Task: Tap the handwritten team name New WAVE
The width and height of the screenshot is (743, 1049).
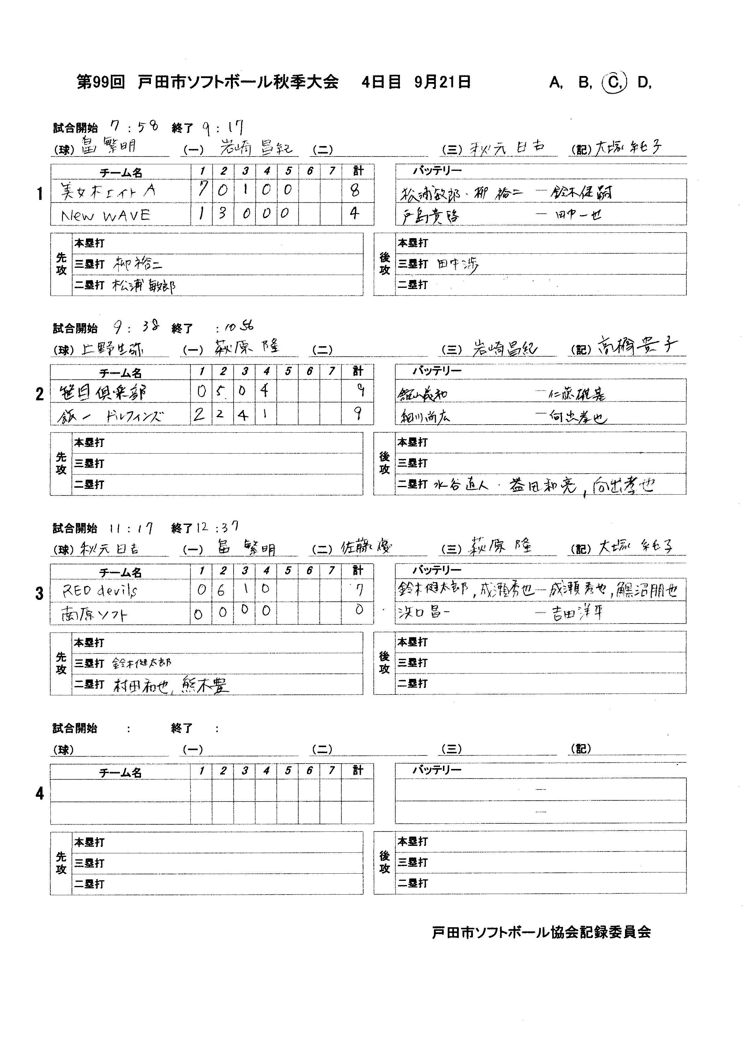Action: coord(106,215)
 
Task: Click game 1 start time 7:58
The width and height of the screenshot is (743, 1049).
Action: coord(134,127)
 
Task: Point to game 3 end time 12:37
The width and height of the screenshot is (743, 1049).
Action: coord(217,527)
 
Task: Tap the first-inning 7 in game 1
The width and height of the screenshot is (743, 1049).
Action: coord(201,189)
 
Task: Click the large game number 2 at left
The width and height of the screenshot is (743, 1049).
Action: coord(40,394)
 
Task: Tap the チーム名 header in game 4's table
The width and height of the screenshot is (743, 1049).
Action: coord(120,773)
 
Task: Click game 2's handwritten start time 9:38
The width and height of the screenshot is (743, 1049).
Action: coord(136,327)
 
